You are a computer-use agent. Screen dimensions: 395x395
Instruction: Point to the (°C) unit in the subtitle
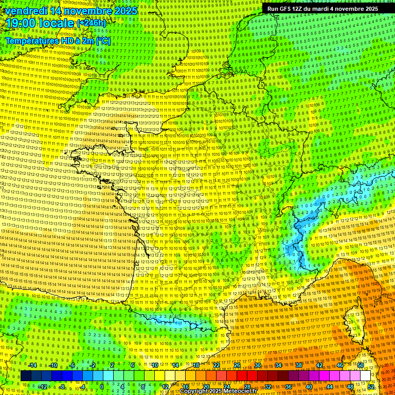(x=103, y=41)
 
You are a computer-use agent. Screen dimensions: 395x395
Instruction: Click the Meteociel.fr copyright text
(x=234, y=391)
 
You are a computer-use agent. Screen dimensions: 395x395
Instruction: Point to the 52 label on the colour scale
(x=371, y=386)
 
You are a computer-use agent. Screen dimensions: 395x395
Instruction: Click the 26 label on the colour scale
(x=237, y=365)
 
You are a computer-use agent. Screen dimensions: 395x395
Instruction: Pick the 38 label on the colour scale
(x=299, y=365)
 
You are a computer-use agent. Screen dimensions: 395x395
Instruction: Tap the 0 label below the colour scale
(x=102, y=386)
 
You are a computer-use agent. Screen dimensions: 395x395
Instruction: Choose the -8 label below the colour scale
(x=63, y=386)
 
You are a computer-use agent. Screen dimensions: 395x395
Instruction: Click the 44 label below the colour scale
(x=330, y=386)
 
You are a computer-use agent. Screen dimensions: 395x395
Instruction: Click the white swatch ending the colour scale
(x=365, y=376)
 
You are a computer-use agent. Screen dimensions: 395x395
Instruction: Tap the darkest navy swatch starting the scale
(x=26, y=376)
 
